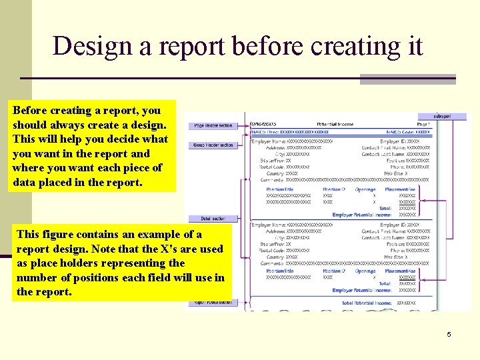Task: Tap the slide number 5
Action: pos(449,334)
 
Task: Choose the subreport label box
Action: pos(442,116)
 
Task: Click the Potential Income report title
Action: pos(335,125)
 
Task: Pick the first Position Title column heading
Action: pos(280,189)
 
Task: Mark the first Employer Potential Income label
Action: pos(362,215)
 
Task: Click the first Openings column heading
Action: pos(365,189)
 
